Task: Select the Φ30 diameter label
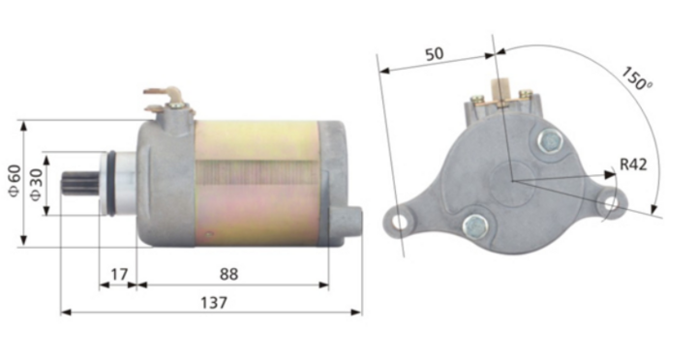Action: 37,182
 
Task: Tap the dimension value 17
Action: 118,275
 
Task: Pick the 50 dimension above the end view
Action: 435,55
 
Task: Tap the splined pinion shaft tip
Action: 73,183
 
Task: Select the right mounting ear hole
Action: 609,202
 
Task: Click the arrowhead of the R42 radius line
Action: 612,174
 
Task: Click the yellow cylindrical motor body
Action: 257,179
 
